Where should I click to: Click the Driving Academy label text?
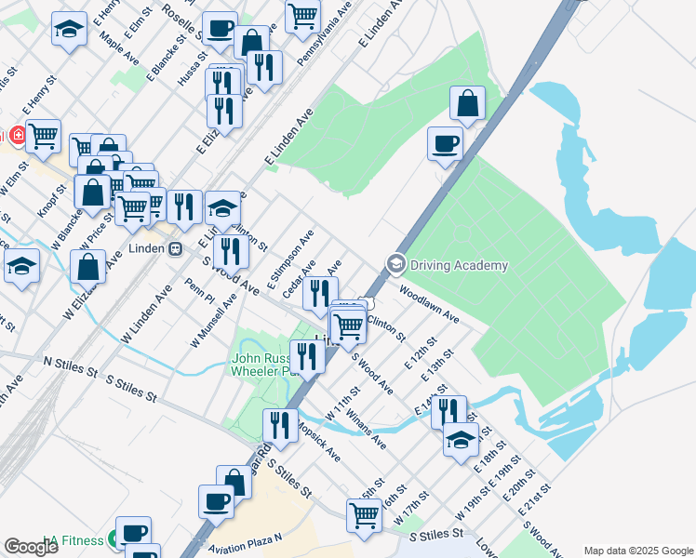(459, 265)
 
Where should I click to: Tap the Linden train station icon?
(174, 249)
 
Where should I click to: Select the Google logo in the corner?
(31, 547)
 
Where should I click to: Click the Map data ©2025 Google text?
(637, 551)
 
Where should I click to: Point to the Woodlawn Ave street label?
(430, 304)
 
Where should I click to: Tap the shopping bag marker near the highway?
(468, 103)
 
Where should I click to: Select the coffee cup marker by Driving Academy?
(445, 143)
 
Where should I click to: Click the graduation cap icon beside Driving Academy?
(395, 265)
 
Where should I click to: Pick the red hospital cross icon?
(18, 137)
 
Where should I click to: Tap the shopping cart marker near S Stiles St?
(364, 514)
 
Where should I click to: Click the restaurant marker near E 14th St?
(449, 410)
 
